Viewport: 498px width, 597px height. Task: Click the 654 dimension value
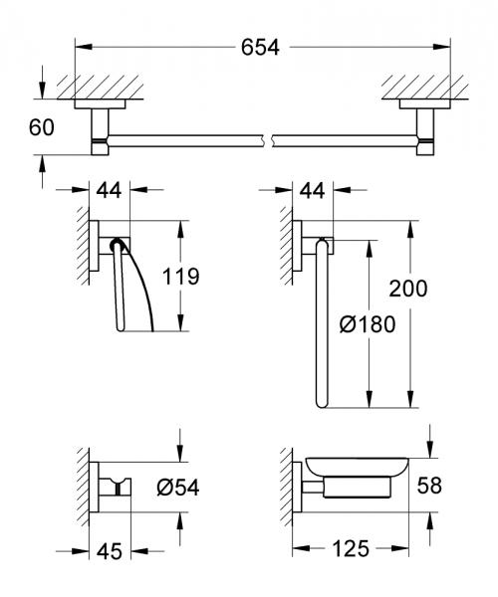(x=259, y=47)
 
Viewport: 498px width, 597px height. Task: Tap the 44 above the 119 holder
(x=112, y=187)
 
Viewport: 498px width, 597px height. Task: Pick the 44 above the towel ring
(x=312, y=187)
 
